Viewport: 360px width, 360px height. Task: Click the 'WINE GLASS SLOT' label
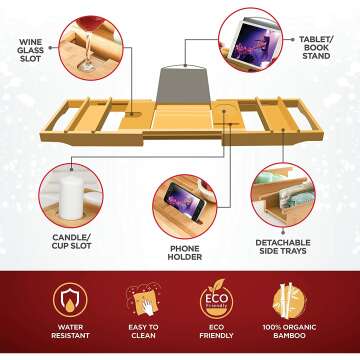pos(31,51)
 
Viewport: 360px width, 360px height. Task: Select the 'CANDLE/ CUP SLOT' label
pos(72,242)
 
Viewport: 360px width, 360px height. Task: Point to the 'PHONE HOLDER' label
pos(185,253)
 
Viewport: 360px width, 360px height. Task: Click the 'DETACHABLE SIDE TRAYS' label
pos(283,247)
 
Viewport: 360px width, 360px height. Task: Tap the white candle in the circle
pos(72,198)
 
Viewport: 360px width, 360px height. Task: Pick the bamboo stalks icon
pos(289,300)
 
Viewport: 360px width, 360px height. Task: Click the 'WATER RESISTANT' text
pos(70,331)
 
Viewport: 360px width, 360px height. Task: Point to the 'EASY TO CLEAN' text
pos(144,331)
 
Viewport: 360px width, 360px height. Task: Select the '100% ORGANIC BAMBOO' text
pos(289,331)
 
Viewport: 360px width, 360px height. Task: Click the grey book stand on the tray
pos(184,85)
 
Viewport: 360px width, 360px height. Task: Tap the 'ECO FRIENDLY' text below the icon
pos(217,331)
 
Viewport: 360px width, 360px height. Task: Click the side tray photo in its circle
pos(283,195)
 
